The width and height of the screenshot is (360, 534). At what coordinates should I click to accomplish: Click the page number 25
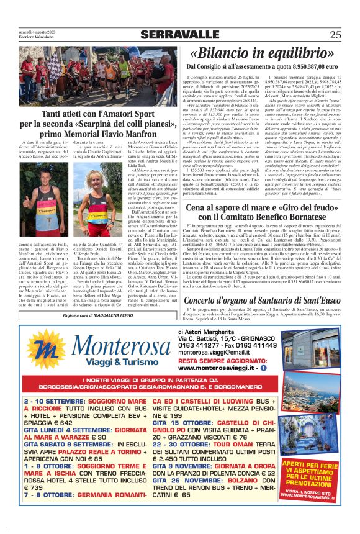(336, 35)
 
